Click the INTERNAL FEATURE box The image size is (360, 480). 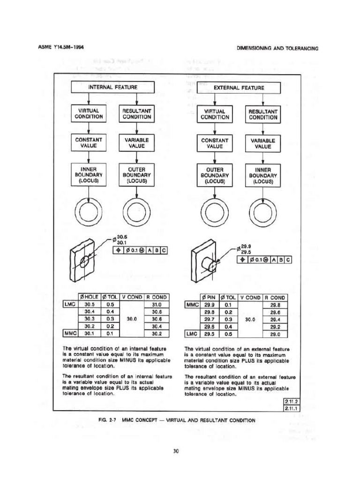tap(112, 88)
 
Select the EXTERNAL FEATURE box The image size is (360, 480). tap(239, 88)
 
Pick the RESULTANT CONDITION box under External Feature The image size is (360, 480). tap(263, 114)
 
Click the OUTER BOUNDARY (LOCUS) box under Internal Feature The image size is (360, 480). tap(135, 174)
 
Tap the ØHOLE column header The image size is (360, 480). tap(87, 296)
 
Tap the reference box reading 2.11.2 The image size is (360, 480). tap(292, 401)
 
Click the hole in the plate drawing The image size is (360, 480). tap(84, 260)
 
